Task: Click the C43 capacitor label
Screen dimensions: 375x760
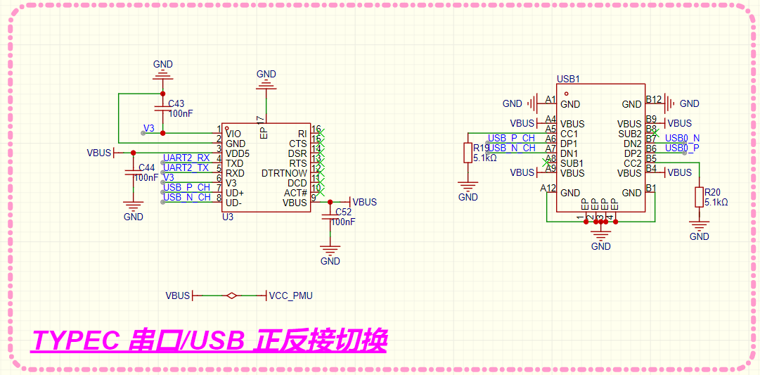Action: [x=176, y=103]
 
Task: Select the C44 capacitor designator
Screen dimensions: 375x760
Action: [x=147, y=167]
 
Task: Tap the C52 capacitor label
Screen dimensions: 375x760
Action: [x=343, y=212]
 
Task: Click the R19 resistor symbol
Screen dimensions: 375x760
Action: [x=468, y=153]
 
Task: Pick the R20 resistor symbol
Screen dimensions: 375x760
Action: [x=699, y=197]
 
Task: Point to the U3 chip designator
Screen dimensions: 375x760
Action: [x=228, y=217]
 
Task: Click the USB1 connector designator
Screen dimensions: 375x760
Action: [x=567, y=80]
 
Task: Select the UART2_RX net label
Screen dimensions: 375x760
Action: [x=186, y=158]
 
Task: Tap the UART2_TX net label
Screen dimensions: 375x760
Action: [x=186, y=167]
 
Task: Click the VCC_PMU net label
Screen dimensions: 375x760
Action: [x=290, y=296]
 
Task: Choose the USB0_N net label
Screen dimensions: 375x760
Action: [x=682, y=138]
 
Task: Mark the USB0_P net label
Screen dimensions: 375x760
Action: [x=682, y=148]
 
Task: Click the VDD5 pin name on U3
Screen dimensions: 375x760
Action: [x=238, y=153]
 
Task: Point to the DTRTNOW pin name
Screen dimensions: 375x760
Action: [x=284, y=173]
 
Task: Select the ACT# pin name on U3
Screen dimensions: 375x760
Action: [x=295, y=193]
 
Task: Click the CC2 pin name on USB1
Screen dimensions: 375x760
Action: [x=632, y=163]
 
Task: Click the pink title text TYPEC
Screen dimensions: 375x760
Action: [x=77, y=341]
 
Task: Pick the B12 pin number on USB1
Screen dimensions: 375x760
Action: [x=654, y=99]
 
